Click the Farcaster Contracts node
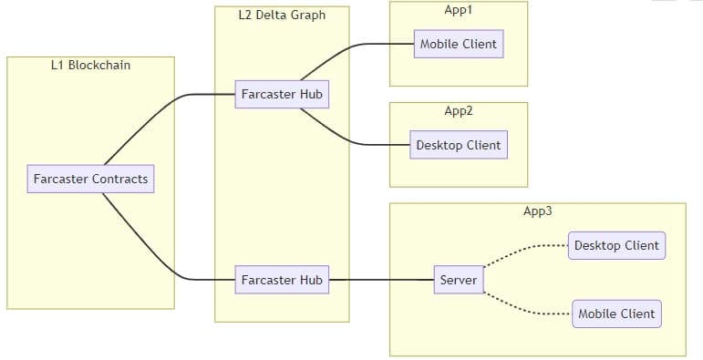tap(90, 179)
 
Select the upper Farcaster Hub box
tap(281, 94)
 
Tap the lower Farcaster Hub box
tap(281, 280)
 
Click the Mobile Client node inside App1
tap(458, 44)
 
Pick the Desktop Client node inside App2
tap(458, 145)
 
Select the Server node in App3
tap(458, 280)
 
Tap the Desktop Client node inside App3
tap(616, 245)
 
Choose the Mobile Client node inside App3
tap(616, 314)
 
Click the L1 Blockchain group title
tap(90, 65)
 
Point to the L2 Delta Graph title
tap(281, 15)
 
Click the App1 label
tap(458, 9)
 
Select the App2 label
tap(458, 110)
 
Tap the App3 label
tap(537, 211)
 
